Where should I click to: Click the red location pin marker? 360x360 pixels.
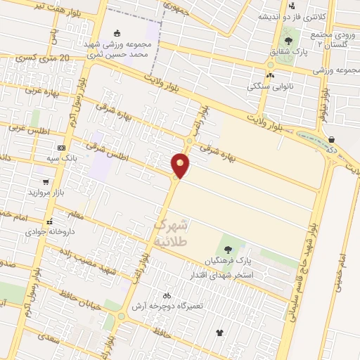tap(181, 166)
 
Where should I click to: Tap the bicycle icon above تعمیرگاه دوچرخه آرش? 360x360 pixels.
tap(167, 296)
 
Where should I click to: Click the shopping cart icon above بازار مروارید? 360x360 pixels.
tap(46, 182)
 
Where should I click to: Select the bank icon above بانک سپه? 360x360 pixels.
tap(61, 148)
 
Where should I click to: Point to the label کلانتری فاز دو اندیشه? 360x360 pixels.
tap(291, 16)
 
